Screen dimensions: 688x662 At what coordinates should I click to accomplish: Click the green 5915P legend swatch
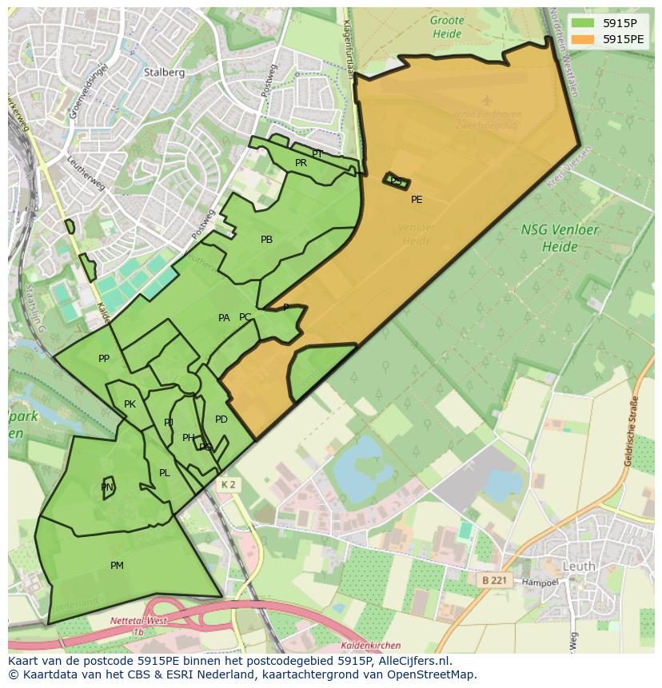pyautogui.click(x=584, y=23)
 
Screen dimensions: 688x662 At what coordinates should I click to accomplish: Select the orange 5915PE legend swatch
pyautogui.click(x=584, y=39)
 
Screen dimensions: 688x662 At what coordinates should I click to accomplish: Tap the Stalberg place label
pyautogui.click(x=165, y=72)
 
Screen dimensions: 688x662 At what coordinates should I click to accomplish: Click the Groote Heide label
pyautogui.click(x=446, y=28)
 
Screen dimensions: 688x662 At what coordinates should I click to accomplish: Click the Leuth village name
pyautogui.click(x=579, y=567)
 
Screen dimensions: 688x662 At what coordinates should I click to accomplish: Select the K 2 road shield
pyautogui.click(x=229, y=484)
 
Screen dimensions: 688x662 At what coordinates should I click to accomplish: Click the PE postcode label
pyautogui.click(x=417, y=200)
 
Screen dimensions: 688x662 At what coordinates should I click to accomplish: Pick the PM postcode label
pyautogui.click(x=117, y=566)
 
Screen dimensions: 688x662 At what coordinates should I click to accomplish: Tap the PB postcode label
pyautogui.click(x=266, y=239)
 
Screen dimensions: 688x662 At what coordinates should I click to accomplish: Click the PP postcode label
pyautogui.click(x=104, y=359)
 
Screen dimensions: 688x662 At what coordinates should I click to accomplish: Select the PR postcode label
pyautogui.click(x=301, y=163)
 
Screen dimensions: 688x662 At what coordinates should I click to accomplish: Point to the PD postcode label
pyautogui.click(x=221, y=420)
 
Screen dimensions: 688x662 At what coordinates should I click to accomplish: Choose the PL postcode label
pyautogui.click(x=164, y=473)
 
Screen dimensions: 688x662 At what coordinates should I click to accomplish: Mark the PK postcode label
pyautogui.click(x=130, y=404)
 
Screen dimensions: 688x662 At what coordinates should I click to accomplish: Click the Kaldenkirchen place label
pyautogui.click(x=370, y=646)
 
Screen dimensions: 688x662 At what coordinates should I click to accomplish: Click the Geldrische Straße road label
pyautogui.click(x=630, y=431)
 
